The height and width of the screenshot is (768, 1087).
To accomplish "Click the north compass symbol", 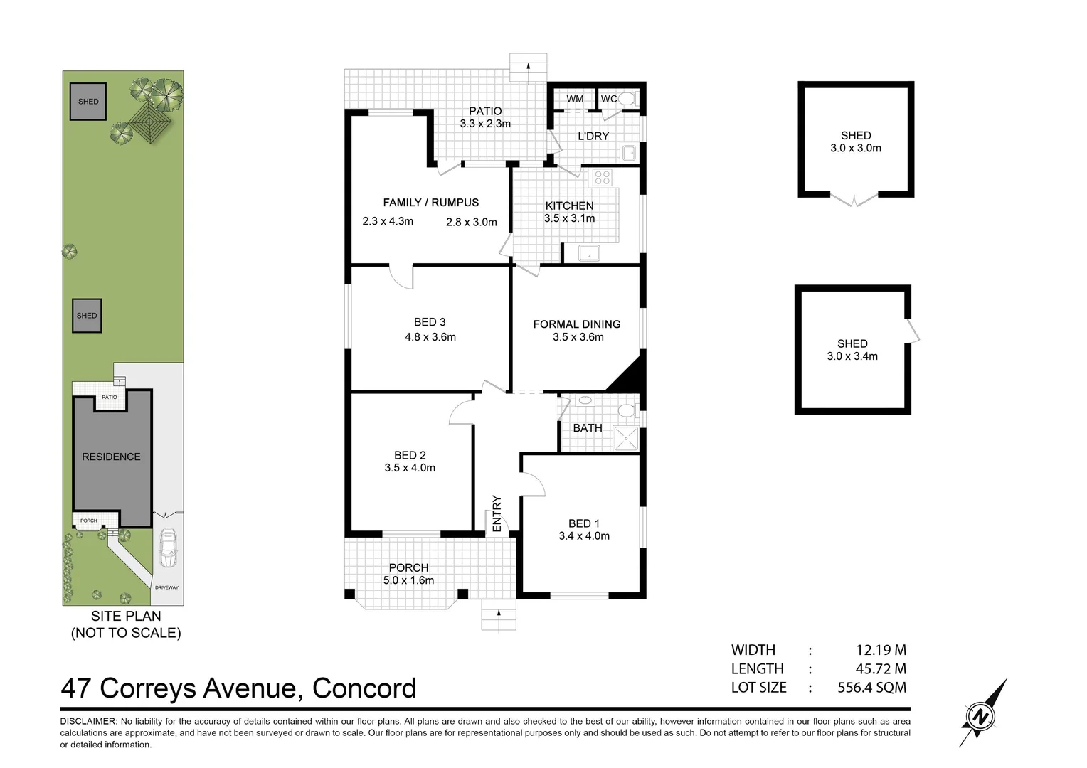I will coord(982,715).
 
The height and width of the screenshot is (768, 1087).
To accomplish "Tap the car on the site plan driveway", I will coord(168,548).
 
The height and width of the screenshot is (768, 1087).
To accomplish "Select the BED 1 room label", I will coord(584,523).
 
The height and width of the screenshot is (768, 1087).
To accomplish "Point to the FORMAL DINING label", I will coord(577,324).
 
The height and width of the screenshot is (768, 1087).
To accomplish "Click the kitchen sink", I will coord(589,252).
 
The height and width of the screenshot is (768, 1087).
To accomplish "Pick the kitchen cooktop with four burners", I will coord(603,177).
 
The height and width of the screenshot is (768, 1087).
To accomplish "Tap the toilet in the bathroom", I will coord(626,410).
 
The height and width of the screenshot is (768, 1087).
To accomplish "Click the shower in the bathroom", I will coord(626,438).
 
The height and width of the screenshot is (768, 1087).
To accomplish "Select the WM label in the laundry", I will coord(575,99).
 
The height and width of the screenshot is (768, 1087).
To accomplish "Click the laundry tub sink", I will coord(628,152).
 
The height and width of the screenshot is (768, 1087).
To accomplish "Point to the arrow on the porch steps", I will coord(499,614).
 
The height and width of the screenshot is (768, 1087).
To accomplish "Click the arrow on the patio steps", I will coord(529,67).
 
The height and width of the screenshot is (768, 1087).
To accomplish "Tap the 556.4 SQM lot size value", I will coord(872,688).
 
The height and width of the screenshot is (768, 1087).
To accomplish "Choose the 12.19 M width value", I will coord(881,650).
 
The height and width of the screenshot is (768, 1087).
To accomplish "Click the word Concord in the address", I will coord(364,688).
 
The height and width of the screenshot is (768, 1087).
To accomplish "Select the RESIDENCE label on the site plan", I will coord(111,457).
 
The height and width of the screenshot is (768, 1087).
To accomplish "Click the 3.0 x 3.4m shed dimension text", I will coord(852,356).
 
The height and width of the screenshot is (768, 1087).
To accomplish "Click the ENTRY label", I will coord(497,513).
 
